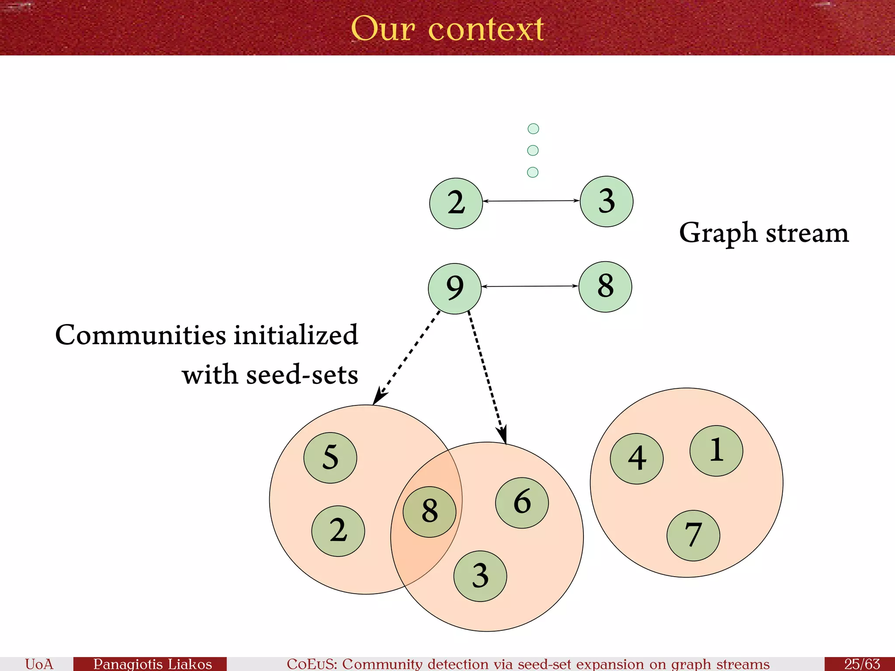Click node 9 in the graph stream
454,288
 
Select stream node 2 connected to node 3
456,203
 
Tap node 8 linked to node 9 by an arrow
605,287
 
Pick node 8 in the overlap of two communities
430,512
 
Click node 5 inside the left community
330,458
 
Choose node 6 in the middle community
522,503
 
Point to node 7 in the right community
693,536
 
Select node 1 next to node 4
716,451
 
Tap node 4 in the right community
637,459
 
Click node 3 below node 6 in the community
480,576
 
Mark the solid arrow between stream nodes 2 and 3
531,201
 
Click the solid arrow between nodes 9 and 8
530,287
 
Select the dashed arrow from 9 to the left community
407,357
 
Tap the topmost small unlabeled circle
533,128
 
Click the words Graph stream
763,233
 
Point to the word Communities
141,335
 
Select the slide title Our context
447,29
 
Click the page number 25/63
861,664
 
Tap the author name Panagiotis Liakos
152,664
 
